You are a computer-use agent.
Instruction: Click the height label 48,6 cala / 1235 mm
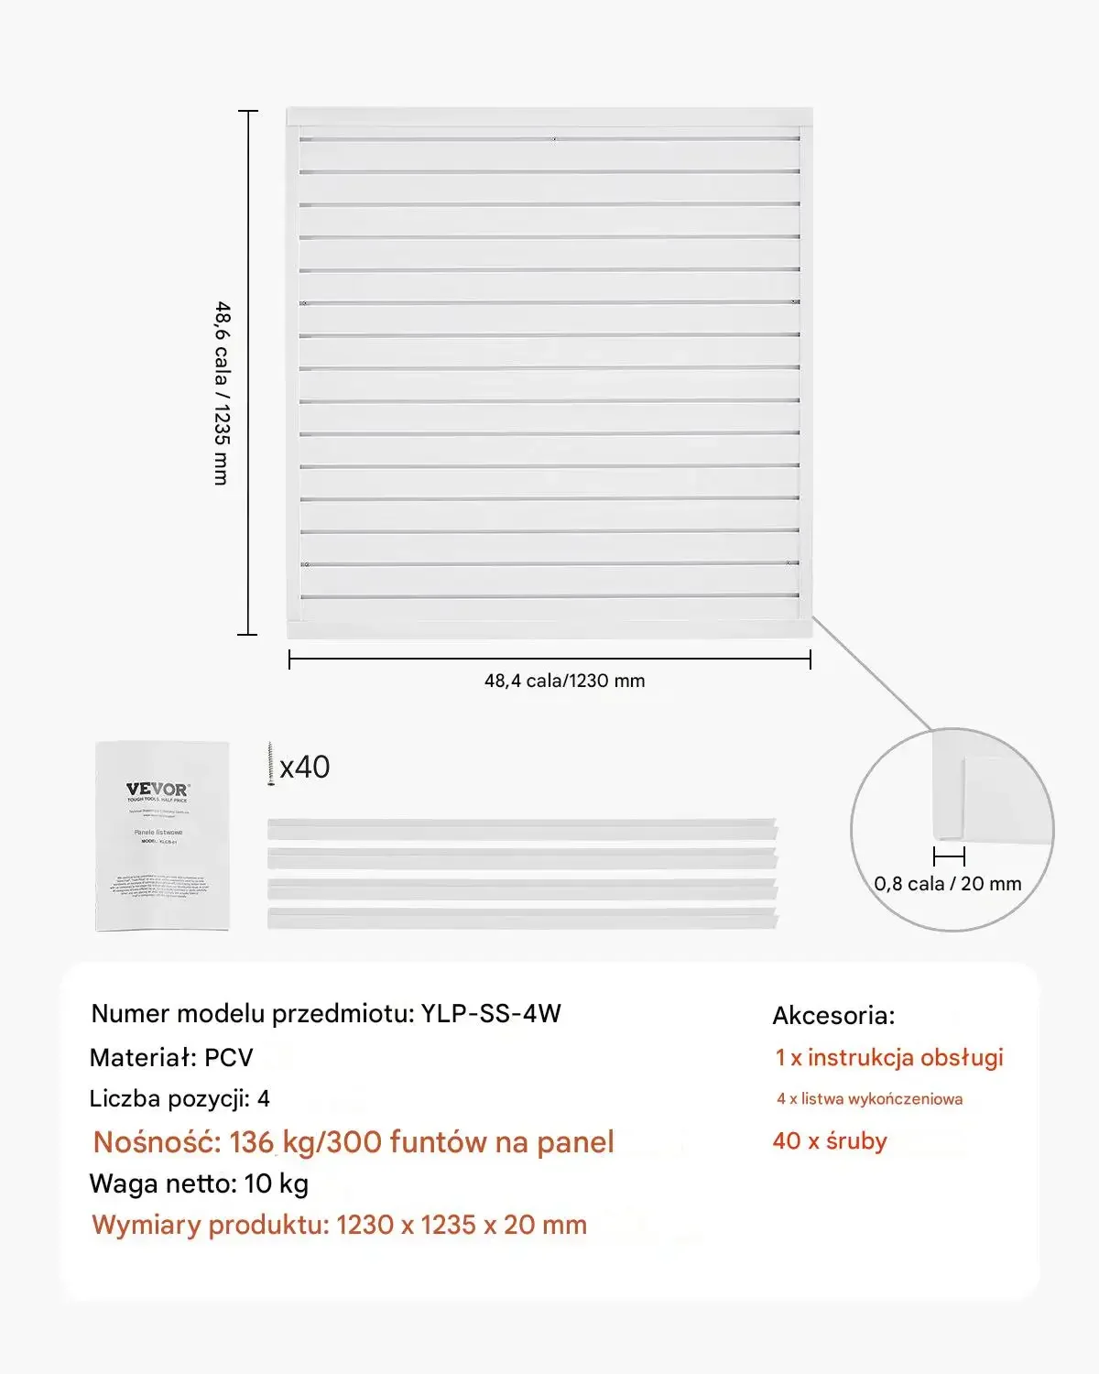(x=223, y=393)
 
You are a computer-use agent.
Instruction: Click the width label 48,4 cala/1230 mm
(x=564, y=681)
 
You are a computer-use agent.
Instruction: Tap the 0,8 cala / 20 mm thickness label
(x=948, y=884)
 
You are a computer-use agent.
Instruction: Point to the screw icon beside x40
(x=271, y=765)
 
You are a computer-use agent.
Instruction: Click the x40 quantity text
(x=306, y=767)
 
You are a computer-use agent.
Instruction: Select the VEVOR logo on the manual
(x=158, y=790)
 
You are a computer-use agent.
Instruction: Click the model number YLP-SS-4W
(x=491, y=1014)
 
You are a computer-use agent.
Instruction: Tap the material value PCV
(x=228, y=1058)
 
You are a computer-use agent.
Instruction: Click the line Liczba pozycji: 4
(x=180, y=1098)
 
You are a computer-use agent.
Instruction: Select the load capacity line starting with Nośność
(x=354, y=1142)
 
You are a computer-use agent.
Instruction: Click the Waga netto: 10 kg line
(x=199, y=1183)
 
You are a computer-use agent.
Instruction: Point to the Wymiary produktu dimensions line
(x=340, y=1225)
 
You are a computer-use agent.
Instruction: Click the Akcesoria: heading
(x=833, y=1016)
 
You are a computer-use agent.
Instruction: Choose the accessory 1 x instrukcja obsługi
(x=889, y=1058)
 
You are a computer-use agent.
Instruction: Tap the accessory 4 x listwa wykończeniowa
(x=869, y=1099)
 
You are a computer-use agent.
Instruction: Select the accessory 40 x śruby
(x=830, y=1141)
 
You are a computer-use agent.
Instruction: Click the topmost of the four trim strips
(x=522, y=829)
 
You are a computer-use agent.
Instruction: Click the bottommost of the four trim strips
(x=522, y=918)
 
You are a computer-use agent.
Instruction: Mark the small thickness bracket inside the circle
(x=949, y=856)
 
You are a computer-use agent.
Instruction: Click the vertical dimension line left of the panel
(x=248, y=372)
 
